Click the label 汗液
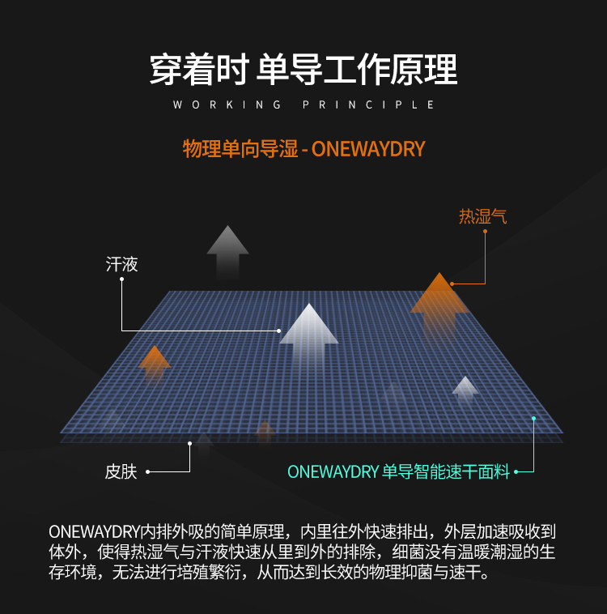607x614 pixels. click(122, 264)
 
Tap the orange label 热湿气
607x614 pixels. click(482, 217)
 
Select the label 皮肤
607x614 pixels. click(121, 471)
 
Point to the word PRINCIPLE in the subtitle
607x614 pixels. click(369, 105)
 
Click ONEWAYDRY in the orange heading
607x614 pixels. click(368, 150)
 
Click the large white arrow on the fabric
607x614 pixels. click(309, 328)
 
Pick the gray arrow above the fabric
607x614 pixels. click(227, 248)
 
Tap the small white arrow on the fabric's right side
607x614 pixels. click(465, 388)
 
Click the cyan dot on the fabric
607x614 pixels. click(534, 418)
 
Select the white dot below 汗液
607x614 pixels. click(121, 279)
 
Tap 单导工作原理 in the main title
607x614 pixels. click(357, 70)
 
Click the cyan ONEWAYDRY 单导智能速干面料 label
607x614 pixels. click(398, 471)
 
